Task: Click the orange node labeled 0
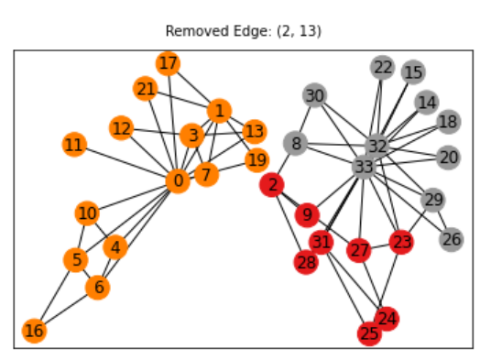coord(178,180)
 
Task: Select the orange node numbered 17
coord(168,63)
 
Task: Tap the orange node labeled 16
coord(34,331)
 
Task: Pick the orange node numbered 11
coord(74,145)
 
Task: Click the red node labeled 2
coord(272,185)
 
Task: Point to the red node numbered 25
coord(369,333)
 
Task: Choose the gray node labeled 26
coord(451,240)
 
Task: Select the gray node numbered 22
coord(383,67)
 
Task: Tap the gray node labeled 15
coord(413,71)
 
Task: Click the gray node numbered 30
coord(314,95)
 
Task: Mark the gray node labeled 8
coord(294,143)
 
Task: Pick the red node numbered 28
coord(306,262)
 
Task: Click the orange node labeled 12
coord(121,127)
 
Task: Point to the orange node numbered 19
coord(256,161)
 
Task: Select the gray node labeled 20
coord(448,158)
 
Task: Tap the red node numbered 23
coord(401,242)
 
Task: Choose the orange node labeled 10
coord(87,213)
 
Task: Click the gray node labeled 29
coord(433,199)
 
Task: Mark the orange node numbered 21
coord(146,89)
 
